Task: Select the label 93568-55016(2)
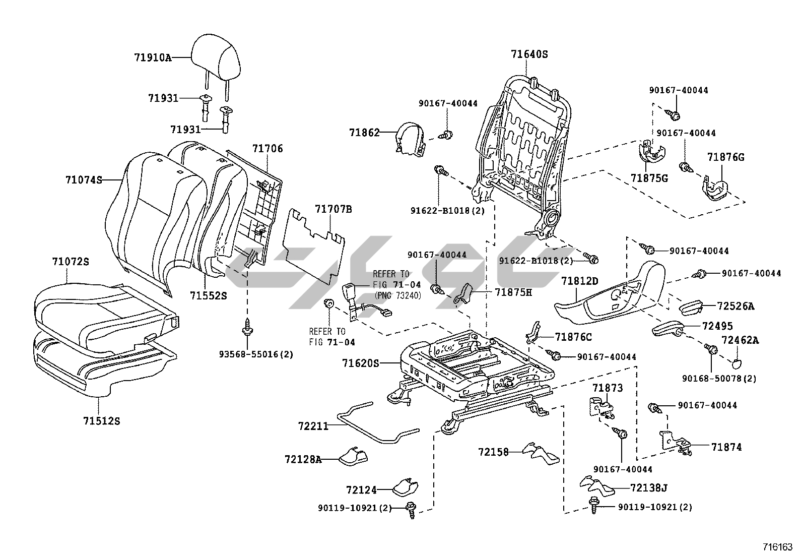pos(256,354)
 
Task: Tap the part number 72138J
pos(648,487)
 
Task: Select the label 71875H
pos(513,292)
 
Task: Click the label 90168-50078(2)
pos(719,378)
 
